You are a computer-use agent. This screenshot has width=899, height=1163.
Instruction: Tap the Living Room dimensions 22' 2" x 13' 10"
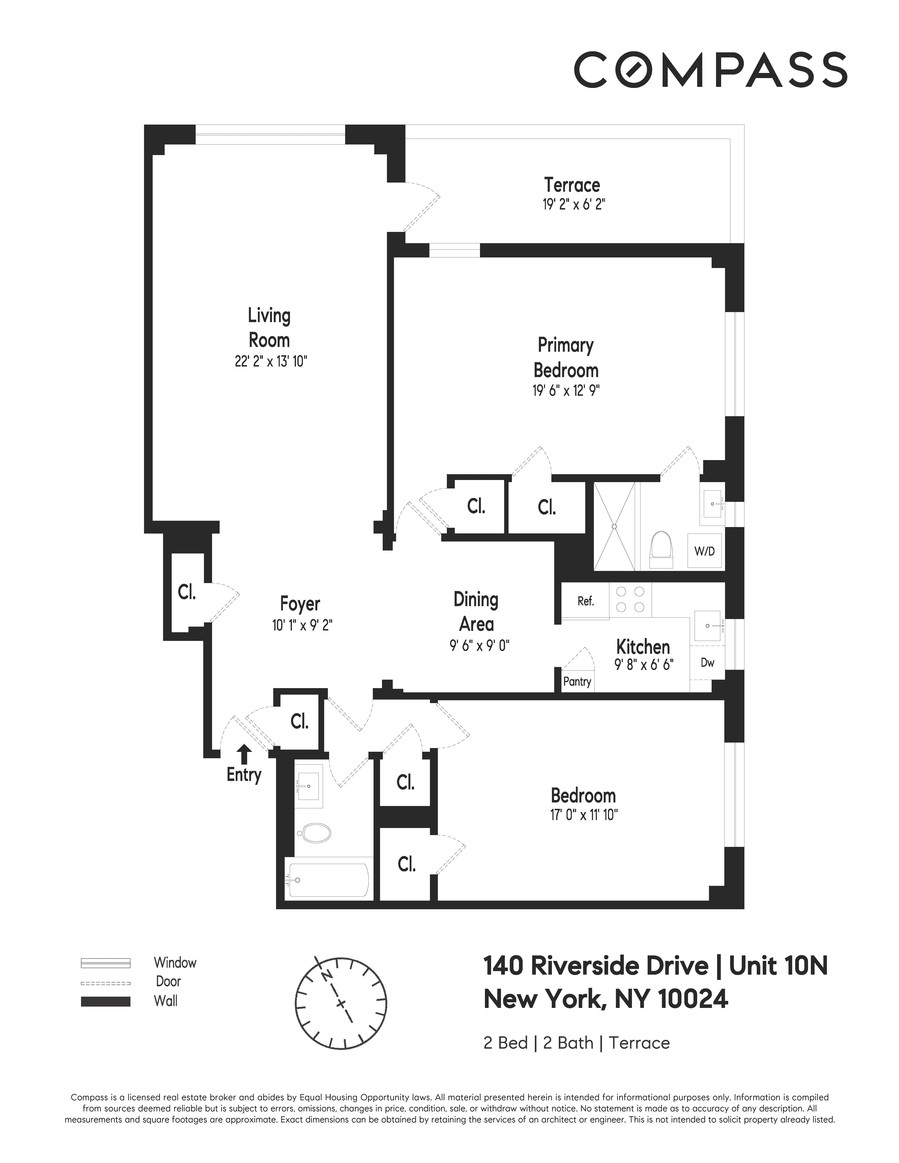[x=271, y=362]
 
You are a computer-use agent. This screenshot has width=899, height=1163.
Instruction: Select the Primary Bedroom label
[x=566, y=357]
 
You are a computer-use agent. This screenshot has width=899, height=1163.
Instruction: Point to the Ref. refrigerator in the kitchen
[x=585, y=601]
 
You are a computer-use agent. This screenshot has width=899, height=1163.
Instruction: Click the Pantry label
[x=577, y=682]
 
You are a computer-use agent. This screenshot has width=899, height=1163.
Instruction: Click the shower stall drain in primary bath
[x=614, y=526]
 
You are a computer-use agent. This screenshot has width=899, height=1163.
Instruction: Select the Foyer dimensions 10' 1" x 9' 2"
[x=302, y=625]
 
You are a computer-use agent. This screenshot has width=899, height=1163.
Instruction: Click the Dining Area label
[x=476, y=612]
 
